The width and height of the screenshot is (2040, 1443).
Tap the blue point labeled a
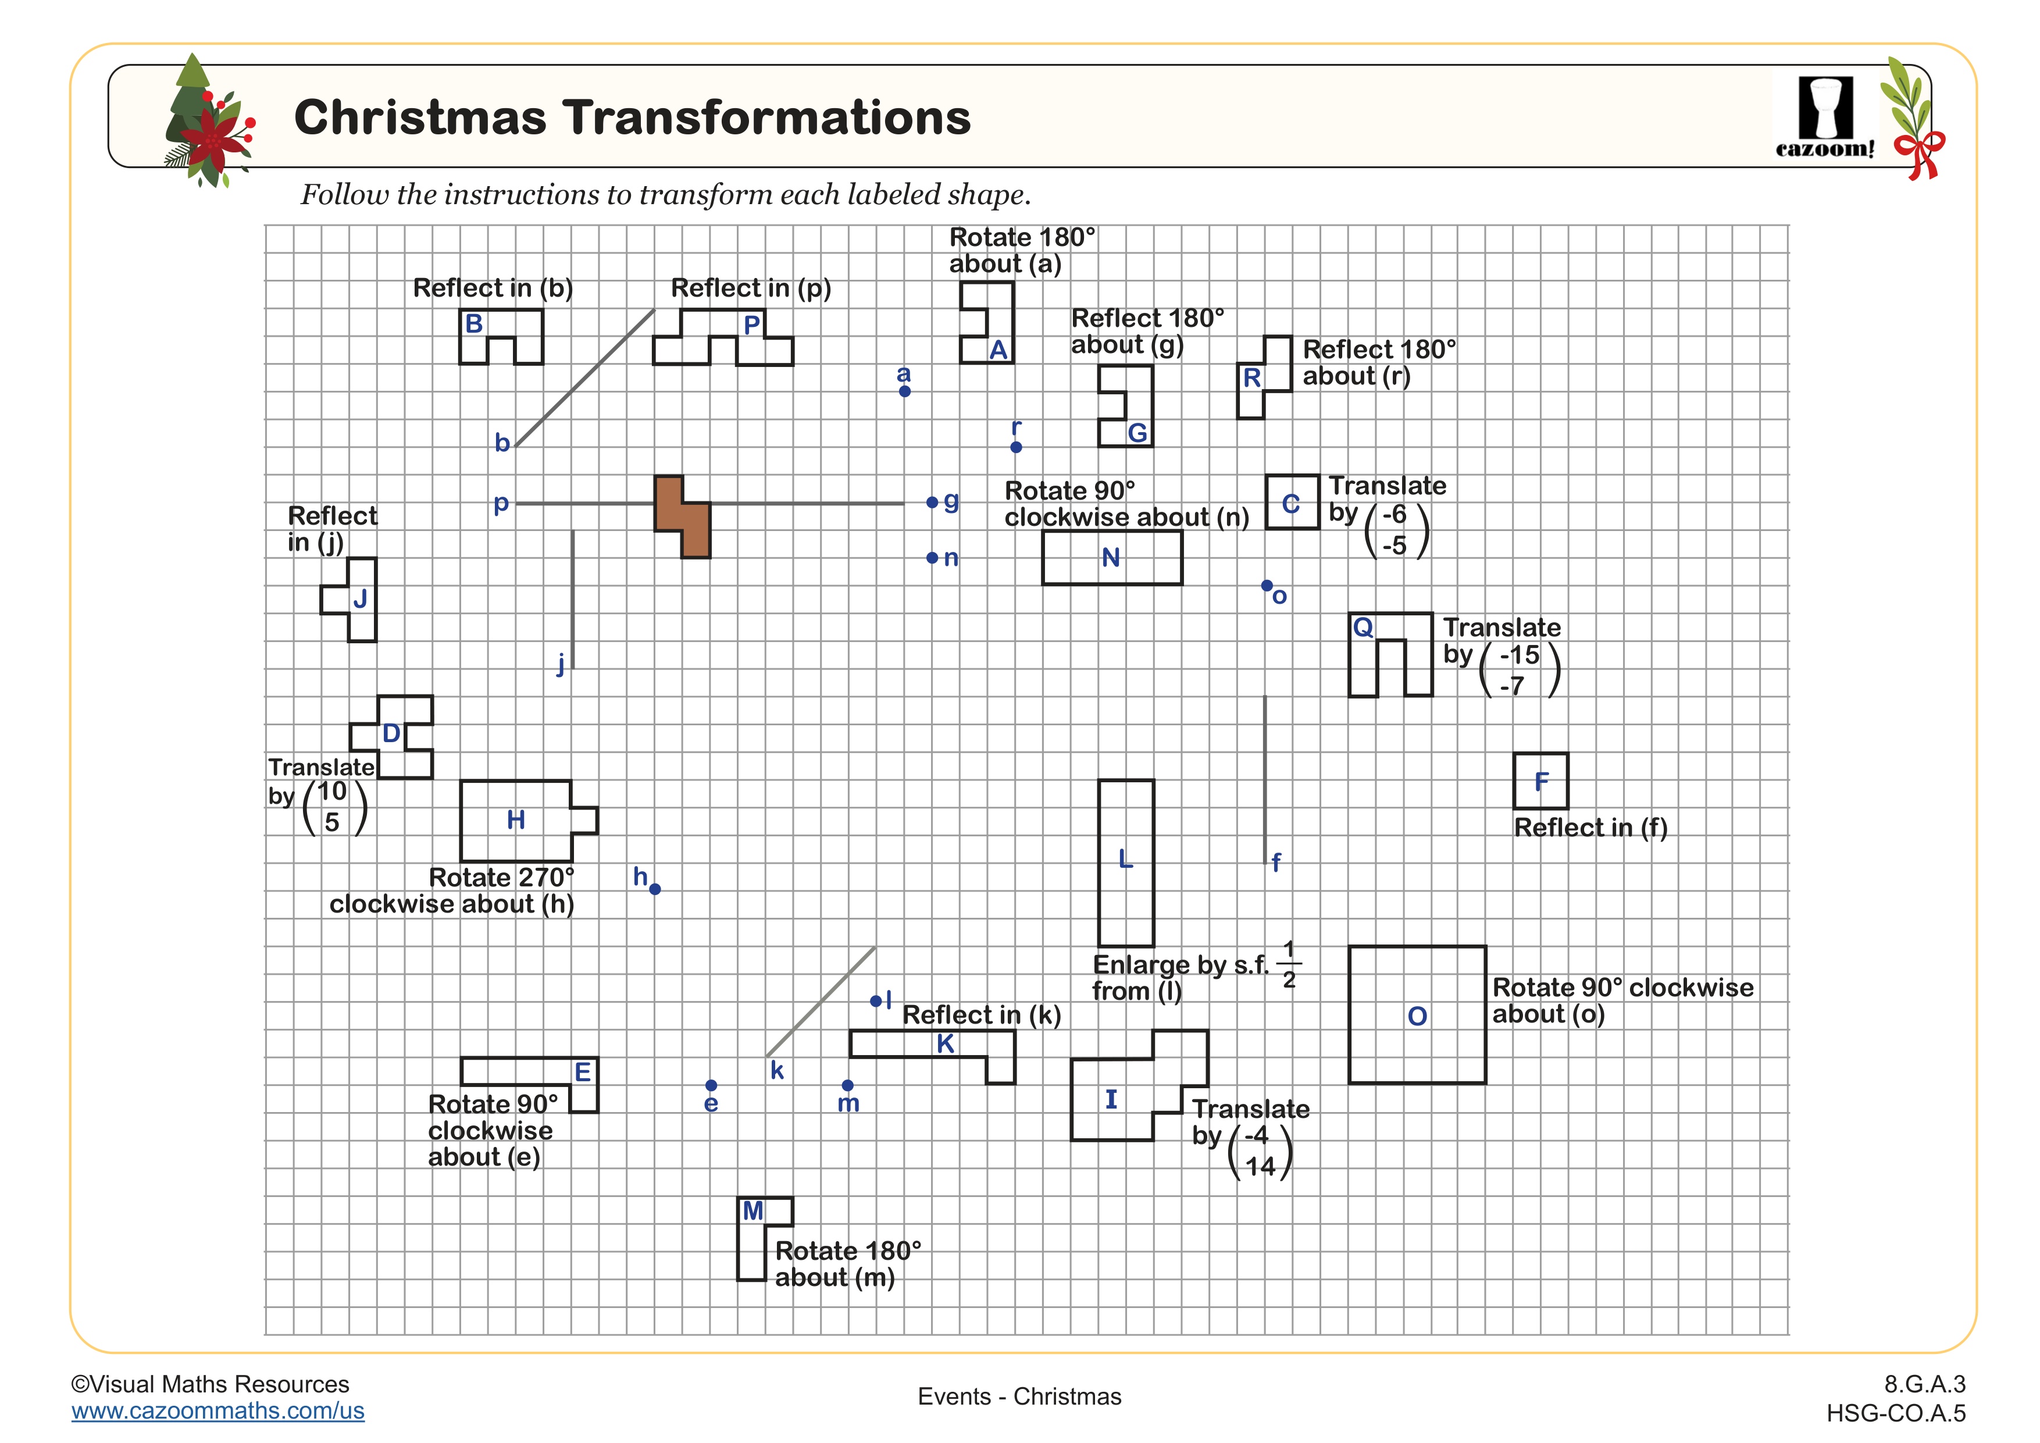[904, 391]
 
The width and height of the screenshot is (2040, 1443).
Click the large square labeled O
[1417, 1015]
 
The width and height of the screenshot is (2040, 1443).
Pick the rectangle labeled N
[1111, 558]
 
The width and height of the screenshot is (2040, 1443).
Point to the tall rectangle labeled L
[1126, 862]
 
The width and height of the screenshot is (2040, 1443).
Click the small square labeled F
[1540, 781]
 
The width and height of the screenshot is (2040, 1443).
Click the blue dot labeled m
[848, 1085]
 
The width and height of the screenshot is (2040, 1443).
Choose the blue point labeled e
[711, 1085]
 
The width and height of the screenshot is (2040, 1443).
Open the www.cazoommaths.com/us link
[217, 1411]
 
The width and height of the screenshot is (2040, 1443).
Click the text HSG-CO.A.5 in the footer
[1896, 1413]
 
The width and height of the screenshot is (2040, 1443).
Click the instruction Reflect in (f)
[1590, 827]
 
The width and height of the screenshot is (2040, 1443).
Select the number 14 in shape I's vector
[1260, 1167]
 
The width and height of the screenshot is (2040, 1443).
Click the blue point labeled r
[1017, 447]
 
